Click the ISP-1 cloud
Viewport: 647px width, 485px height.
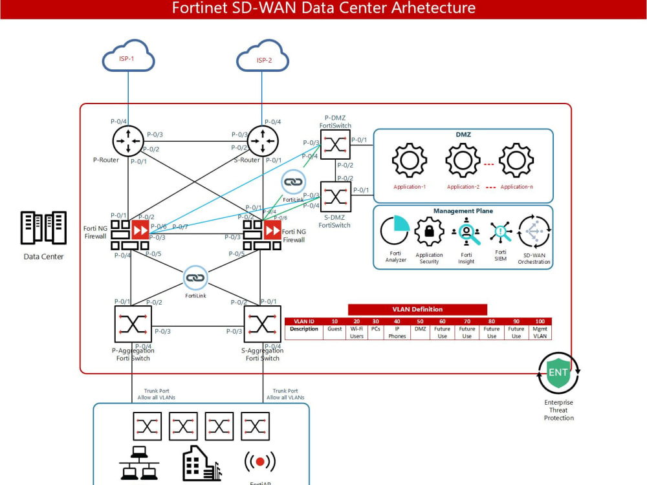pos(128,59)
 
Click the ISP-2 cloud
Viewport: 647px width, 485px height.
pos(263,59)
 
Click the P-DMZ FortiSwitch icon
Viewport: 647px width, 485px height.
pos(335,144)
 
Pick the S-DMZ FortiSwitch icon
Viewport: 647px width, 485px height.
pos(335,197)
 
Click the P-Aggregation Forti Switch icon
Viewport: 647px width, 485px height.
pos(133,324)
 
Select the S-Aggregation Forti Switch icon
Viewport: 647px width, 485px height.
pos(262,324)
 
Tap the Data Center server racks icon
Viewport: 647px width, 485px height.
pos(43,228)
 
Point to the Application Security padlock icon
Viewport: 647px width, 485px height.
pos(428,232)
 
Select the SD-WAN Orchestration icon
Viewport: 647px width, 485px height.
pos(534,232)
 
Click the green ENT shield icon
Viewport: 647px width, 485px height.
pos(558,373)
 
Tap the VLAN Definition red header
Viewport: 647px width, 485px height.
pos(417,310)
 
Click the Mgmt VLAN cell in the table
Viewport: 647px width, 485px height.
pos(540,332)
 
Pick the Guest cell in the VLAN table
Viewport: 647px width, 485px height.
pos(334,329)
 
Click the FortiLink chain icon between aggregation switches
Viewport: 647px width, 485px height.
pos(195,278)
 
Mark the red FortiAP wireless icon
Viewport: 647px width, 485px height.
pos(259,462)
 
